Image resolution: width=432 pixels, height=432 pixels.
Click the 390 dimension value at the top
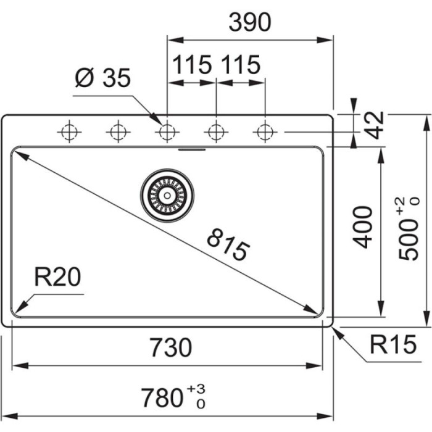pyautogui.click(x=250, y=23)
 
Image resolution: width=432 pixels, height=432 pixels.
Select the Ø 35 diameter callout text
pyautogui.click(x=103, y=78)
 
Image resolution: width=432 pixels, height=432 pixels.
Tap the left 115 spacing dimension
pyautogui.click(x=192, y=64)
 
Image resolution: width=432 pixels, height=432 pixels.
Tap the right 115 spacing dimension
pyautogui.click(x=240, y=64)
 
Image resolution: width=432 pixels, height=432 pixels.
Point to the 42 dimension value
pyautogui.click(x=373, y=125)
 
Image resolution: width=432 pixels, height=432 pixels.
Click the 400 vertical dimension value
pyautogui.click(x=364, y=227)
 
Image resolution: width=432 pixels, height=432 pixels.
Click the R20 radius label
pyautogui.click(x=57, y=278)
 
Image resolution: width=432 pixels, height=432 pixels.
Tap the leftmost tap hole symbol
pyautogui.click(x=69, y=131)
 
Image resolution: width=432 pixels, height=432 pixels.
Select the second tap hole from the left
pyautogui.click(x=117, y=131)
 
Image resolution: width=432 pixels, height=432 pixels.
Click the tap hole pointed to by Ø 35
pyautogui.click(x=167, y=131)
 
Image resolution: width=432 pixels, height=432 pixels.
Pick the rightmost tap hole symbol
pyautogui.click(x=265, y=131)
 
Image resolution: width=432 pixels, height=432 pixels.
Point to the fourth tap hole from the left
pyautogui.click(x=215, y=131)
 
